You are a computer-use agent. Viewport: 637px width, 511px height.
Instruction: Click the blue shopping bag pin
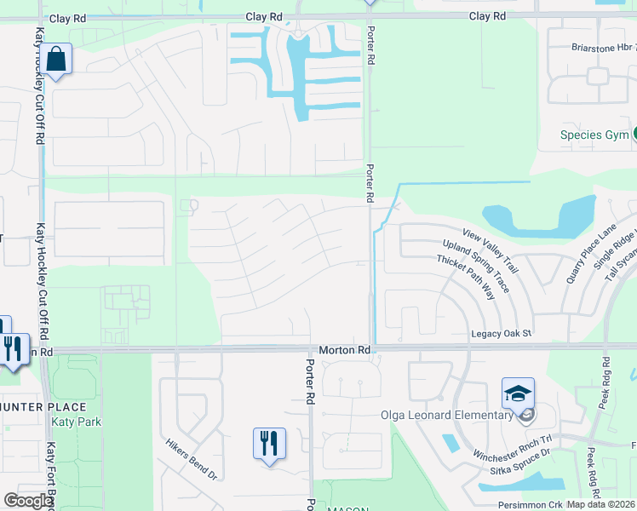(x=56, y=60)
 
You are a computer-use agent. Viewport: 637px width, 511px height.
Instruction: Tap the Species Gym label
(x=594, y=135)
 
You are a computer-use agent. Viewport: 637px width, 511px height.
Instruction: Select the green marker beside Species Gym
(x=635, y=135)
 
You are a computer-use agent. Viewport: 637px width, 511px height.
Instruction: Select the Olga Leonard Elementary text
(x=446, y=416)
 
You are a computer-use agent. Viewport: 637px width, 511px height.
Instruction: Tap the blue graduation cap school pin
(x=518, y=393)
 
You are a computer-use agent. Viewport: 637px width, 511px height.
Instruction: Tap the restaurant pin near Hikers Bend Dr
(x=269, y=444)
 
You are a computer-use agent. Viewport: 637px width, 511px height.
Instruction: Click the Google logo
(x=26, y=501)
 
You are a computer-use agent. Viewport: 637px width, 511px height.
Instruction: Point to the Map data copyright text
(x=600, y=504)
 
